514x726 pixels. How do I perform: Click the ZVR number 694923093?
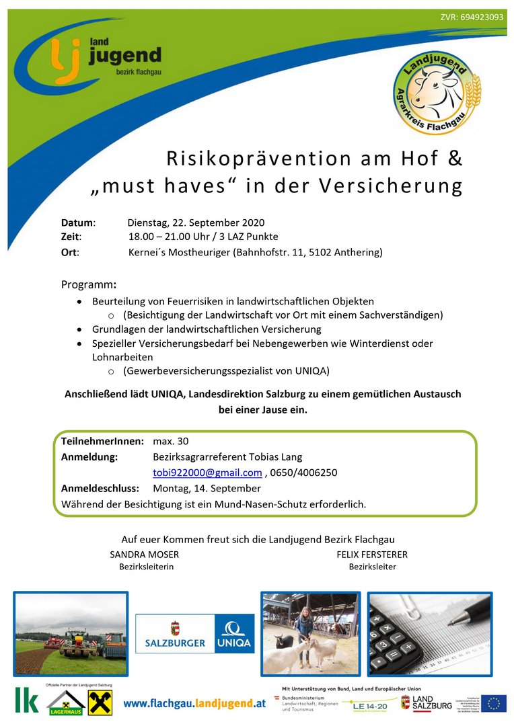pos(472,17)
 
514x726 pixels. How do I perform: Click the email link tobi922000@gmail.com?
pos(207,473)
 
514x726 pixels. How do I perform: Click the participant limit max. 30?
pos(171,441)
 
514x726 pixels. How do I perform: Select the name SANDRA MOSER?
pos(144,555)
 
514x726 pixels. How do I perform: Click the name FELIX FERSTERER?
pos(372,555)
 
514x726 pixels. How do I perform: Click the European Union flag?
pos(493,703)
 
